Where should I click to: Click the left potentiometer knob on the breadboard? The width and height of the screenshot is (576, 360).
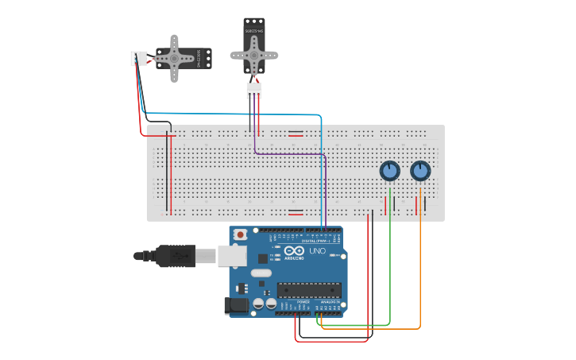pos(389,171)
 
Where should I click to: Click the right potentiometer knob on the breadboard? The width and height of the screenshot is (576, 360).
pos(420,171)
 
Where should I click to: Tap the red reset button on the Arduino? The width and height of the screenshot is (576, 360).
pos(241,235)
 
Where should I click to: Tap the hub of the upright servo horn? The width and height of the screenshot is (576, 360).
pos(253,55)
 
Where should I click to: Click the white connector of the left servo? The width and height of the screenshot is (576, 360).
pos(138,58)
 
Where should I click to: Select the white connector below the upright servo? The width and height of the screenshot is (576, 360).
pos(253,92)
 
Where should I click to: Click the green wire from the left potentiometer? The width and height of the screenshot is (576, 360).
pos(390,262)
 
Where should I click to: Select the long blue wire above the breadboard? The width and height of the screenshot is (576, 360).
pos(238,114)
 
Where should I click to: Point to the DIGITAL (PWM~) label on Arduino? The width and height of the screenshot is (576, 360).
pos(321,240)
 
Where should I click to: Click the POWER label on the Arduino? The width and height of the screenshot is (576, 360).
pos(303,303)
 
